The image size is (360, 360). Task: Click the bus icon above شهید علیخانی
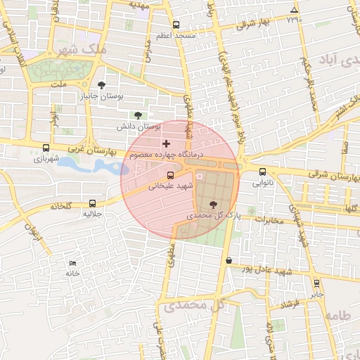pyautogui.click(x=170, y=176)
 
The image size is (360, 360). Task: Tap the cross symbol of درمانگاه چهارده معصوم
pyautogui.click(x=166, y=143)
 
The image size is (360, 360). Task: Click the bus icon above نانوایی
pyautogui.click(x=263, y=171)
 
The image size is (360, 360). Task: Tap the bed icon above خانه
pyautogui.click(x=72, y=263)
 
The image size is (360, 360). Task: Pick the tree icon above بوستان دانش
pyautogui.click(x=137, y=115)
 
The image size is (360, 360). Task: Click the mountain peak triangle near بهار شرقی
pyautogui.click(x=294, y=9)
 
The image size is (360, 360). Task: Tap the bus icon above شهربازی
pyautogui.click(x=46, y=148)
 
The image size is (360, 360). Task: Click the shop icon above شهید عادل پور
pyautogui.click(x=229, y=260)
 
